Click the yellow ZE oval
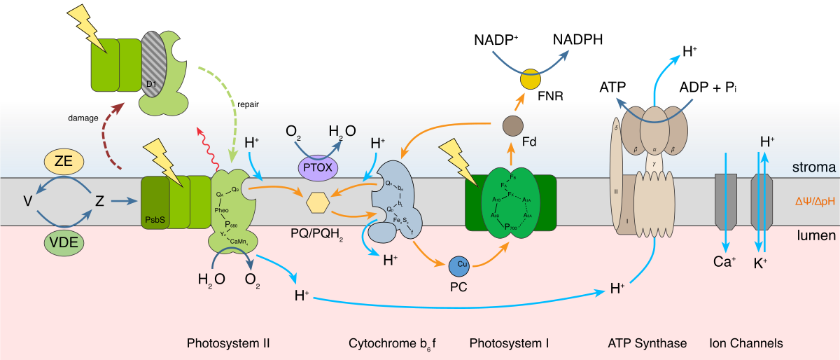(64, 162)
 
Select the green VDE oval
(64, 242)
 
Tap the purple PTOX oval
(318, 168)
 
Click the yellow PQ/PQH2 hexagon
(318, 202)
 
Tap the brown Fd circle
(513, 126)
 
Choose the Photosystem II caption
(228, 343)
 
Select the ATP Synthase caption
(647, 343)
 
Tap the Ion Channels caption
(745, 343)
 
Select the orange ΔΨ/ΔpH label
(815, 201)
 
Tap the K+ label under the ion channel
(760, 263)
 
